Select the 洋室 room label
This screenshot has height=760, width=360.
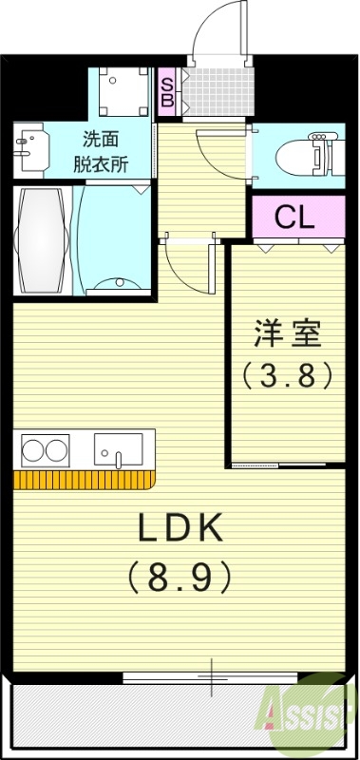pyautogui.click(x=288, y=334)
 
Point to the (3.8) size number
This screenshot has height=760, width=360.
pyautogui.click(x=288, y=376)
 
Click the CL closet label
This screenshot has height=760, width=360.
pyautogui.click(x=294, y=217)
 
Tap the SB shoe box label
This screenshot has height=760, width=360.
pyautogui.click(x=166, y=91)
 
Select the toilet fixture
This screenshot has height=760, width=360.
pyautogui.click(x=309, y=152)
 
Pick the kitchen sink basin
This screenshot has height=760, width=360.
pyautogui.click(x=118, y=449)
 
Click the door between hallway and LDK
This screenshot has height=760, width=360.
pyautogui.click(x=185, y=268)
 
